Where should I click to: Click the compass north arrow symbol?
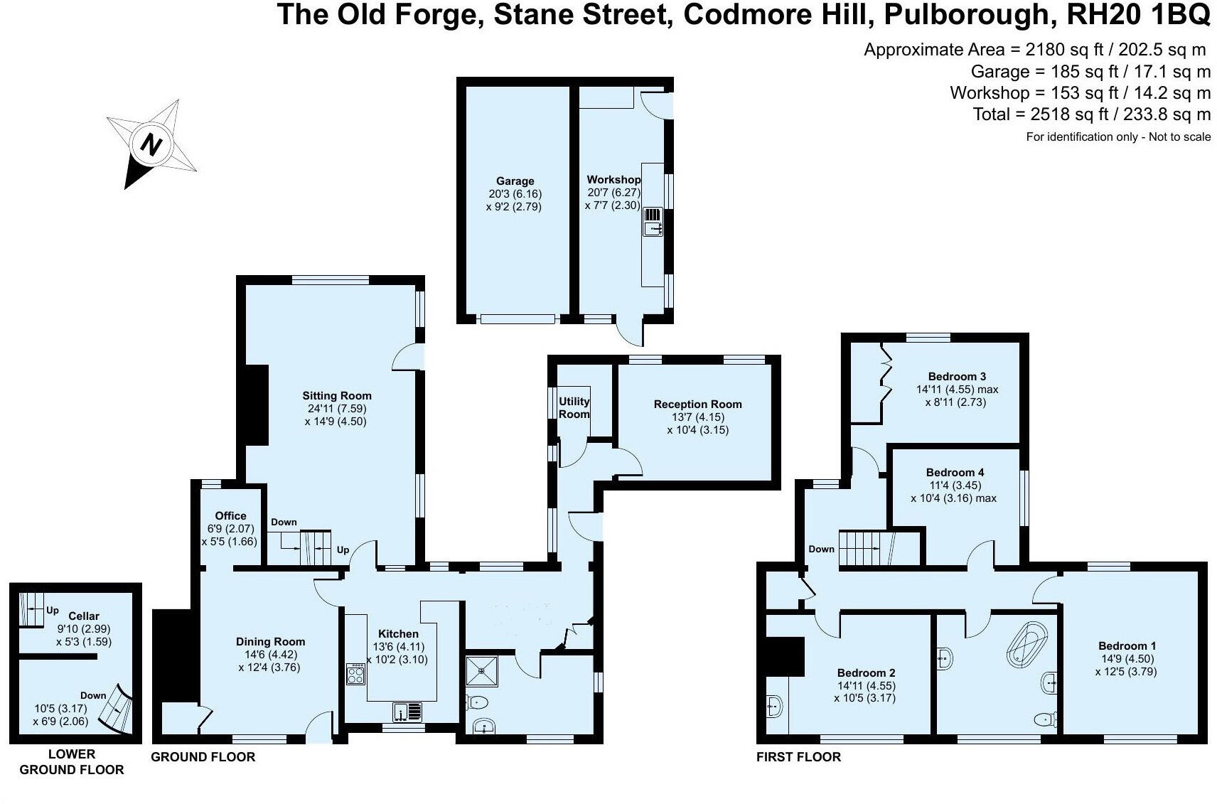click(x=151, y=144)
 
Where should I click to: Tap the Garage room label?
click(x=515, y=181)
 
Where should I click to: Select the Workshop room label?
click(x=613, y=180)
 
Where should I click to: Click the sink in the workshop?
click(x=653, y=228)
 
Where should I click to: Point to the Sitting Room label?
click(x=337, y=396)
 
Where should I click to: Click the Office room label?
click(x=230, y=516)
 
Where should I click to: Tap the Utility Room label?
click(x=574, y=407)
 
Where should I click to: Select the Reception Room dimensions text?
click(x=697, y=424)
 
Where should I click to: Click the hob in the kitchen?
click(x=355, y=674)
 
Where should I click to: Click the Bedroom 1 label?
click(x=1127, y=645)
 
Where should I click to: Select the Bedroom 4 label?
click(x=955, y=472)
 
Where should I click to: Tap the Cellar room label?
click(x=83, y=616)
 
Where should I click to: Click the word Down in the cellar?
click(x=93, y=695)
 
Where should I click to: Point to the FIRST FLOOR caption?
click(x=798, y=757)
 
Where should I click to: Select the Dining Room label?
click(x=270, y=641)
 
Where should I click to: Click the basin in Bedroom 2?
click(x=776, y=706)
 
